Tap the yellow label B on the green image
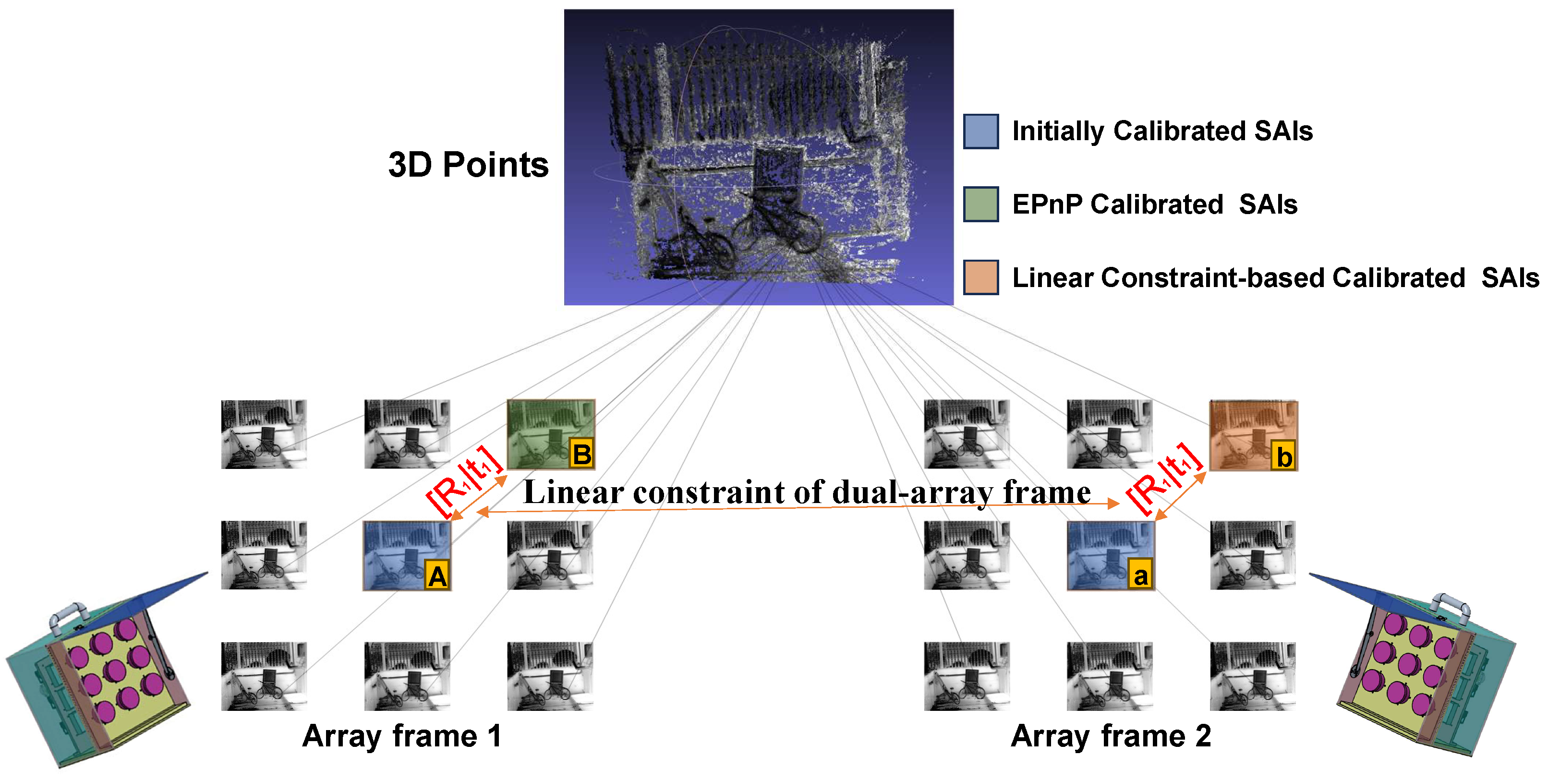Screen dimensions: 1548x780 coord(581,454)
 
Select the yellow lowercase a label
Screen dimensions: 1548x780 coord(1140,576)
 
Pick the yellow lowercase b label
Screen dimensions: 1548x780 coord(1283,457)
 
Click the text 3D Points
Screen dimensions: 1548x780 coord(468,165)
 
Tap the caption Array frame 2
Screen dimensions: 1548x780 coord(1111,736)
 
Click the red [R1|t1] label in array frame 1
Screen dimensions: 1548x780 coord(464,481)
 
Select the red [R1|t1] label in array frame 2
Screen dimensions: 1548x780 coord(1165,479)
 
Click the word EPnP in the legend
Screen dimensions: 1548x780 coord(1048,205)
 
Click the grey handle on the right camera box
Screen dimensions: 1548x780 coord(1451,604)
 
